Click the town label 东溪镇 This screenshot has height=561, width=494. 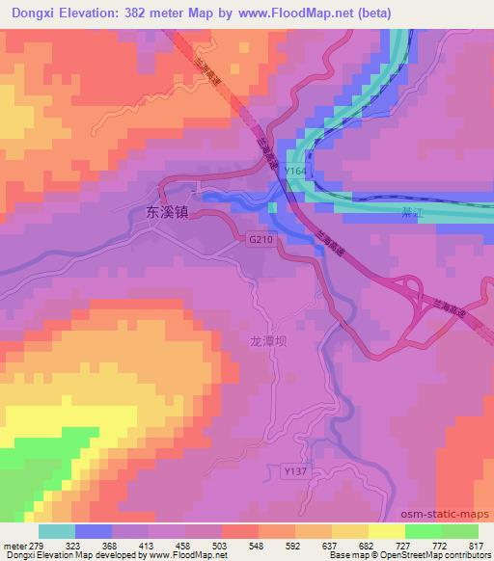[166, 215]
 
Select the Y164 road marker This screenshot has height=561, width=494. [295, 172]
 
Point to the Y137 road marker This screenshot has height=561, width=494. [295, 470]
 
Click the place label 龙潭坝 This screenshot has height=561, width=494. [269, 341]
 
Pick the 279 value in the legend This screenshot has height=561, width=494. [35, 547]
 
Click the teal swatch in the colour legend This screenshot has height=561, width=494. [57, 531]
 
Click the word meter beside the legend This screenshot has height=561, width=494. [14, 547]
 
